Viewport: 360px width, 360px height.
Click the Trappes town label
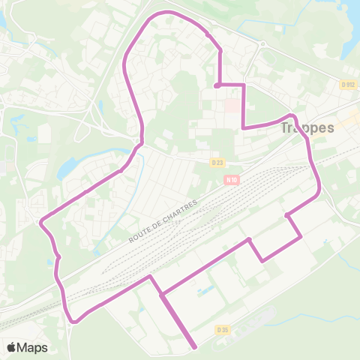pos(307,127)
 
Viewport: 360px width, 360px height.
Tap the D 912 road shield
pos(346,85)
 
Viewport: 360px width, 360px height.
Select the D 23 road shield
pos(217,161)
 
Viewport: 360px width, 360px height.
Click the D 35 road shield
pos(222,329)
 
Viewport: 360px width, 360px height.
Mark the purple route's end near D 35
pos(195,346)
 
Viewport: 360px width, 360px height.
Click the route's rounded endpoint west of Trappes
pos(217,85)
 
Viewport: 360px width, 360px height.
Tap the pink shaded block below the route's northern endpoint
pos(233,106)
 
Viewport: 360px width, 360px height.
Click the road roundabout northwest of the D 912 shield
pos(262,45)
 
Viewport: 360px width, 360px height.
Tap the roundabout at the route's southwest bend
pos(73,321)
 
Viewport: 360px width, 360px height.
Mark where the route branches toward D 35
pos(161,294)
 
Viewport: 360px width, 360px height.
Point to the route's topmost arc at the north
pos(169,13)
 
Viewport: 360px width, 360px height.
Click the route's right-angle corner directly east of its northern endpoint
pos(244,85)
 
